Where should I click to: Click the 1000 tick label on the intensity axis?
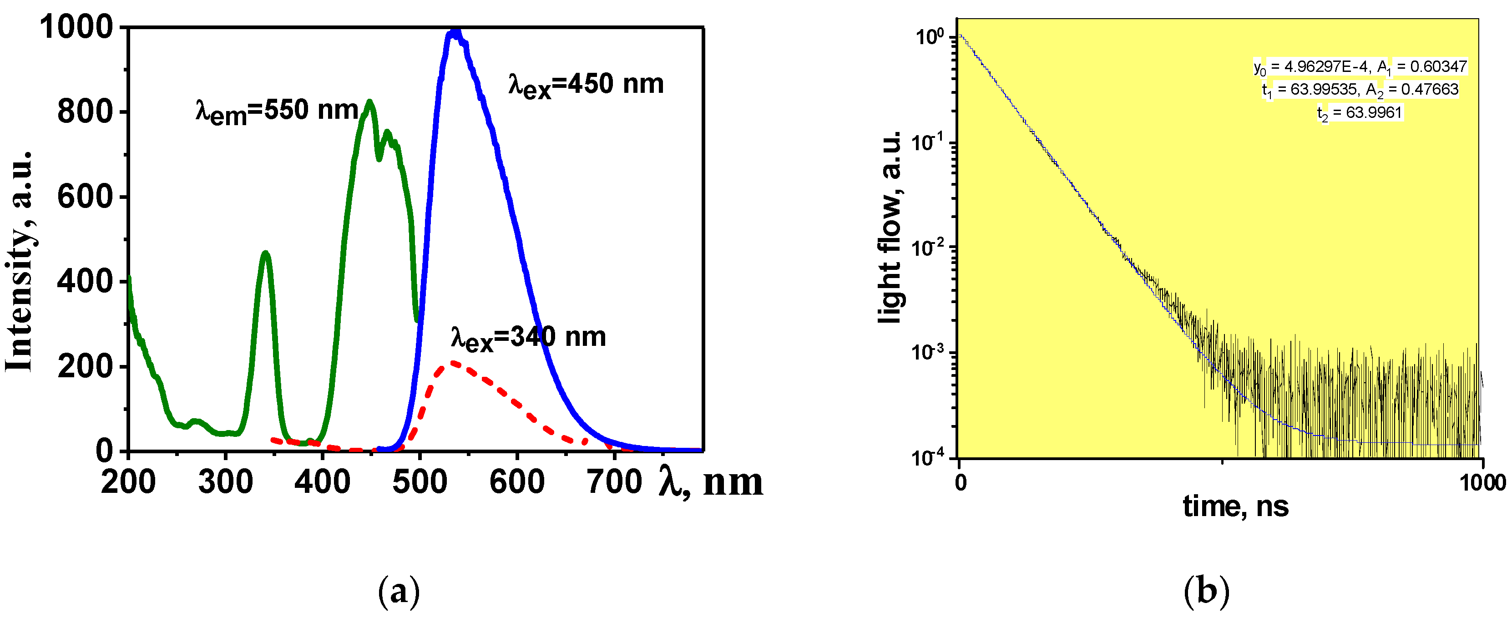76,28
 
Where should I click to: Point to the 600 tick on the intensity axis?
85,197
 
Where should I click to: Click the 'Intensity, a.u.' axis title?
20,261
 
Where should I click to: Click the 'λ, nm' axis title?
711,482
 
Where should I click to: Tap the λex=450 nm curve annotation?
586,85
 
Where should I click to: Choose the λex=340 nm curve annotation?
528,338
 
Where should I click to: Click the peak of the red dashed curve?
453,363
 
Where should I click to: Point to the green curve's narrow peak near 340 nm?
266,253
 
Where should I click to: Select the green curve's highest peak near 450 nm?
369,103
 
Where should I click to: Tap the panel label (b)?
1206,590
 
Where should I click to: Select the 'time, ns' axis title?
1235,506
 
